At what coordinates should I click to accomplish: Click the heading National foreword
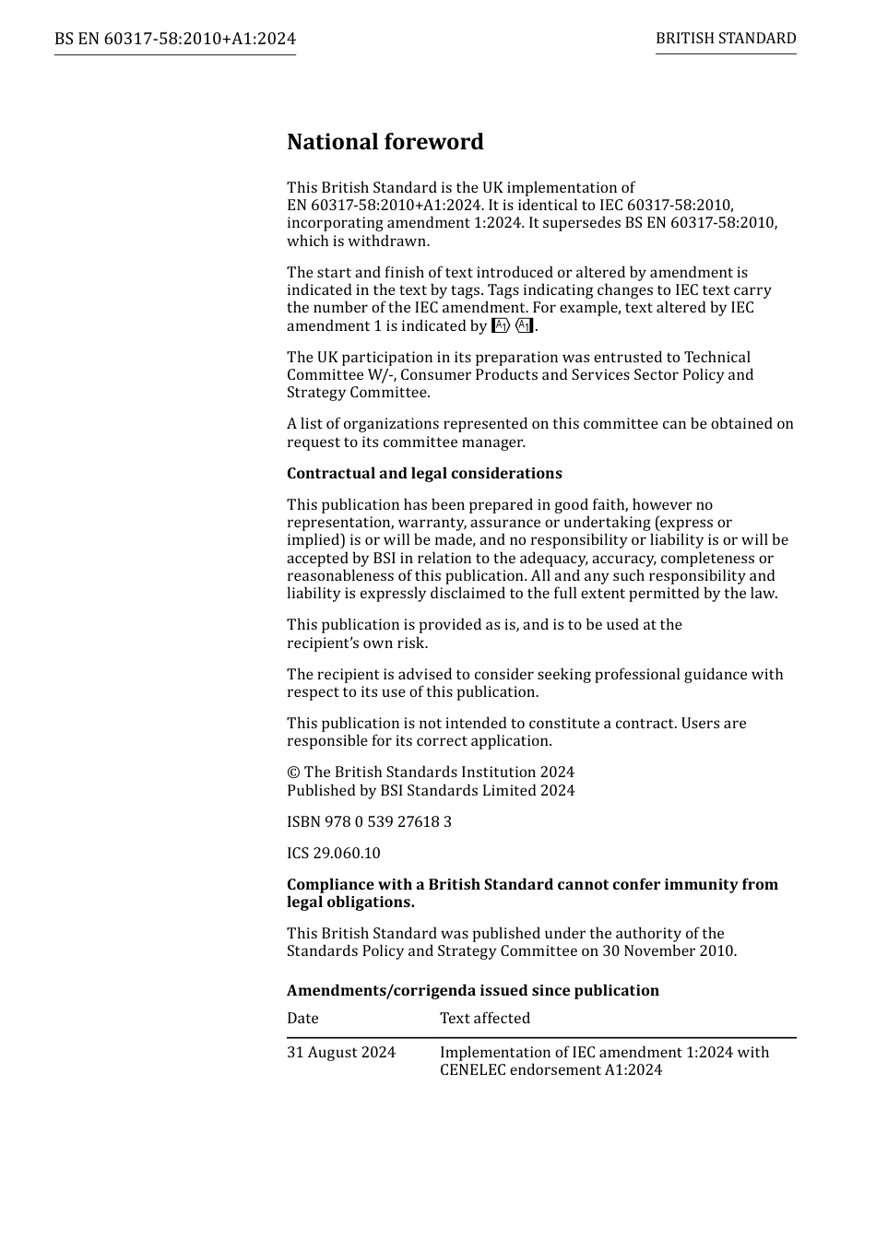click(385, 142)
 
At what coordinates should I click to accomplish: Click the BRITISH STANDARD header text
click(726, 39)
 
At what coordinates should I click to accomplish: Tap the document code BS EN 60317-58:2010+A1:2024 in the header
click(175, 39)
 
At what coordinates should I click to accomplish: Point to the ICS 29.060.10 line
click(333, 853)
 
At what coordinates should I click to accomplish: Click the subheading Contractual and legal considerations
click(424, 473)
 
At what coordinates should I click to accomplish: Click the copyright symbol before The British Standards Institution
click(293, 773)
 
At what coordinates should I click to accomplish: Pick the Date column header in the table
click(302, 1018)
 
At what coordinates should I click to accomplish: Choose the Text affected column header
click(485, 1018)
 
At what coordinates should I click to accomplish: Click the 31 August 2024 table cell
click(341, 1052)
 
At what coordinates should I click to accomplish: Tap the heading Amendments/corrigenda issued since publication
click(472, 990)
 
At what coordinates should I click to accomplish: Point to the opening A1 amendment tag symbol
click(501, 325)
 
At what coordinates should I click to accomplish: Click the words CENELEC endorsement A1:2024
click(550, 1070)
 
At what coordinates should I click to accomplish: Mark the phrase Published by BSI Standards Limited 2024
click(431, 790)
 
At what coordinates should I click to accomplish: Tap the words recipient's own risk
click(357, 643)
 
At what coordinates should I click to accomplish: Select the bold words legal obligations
click(350, 902)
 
